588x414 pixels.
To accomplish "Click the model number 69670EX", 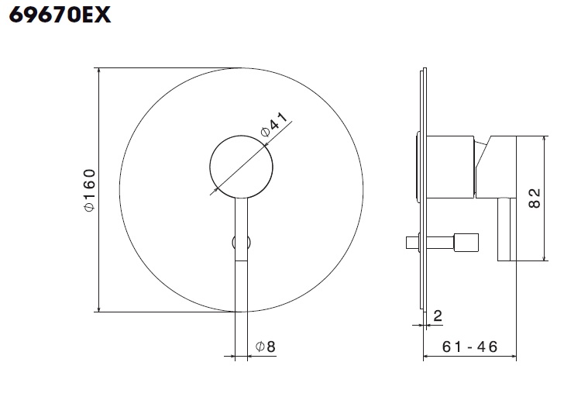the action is click(60, 16).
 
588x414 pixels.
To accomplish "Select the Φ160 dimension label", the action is click(90, 190).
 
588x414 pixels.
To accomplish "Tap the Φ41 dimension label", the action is click(274, 124).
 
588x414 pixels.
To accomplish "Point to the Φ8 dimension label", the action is click(266, 346).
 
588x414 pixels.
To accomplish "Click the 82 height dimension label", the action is click(535, 198).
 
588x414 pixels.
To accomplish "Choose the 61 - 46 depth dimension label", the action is click(469, 347).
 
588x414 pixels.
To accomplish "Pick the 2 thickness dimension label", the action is click(438, 316).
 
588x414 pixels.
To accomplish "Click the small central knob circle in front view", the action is click(241, 167).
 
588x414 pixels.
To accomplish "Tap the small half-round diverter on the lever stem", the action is click(241, 242).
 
